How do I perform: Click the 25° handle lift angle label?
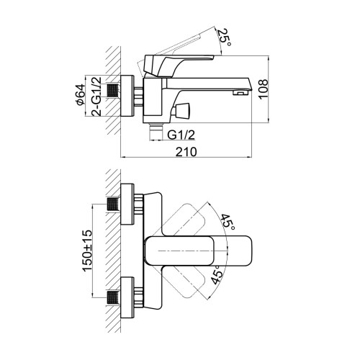click(x=225, y=37)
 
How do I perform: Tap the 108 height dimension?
click(x=264, y=89)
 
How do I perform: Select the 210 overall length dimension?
click(x=186, y=152)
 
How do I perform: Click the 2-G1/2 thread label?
click(x=96, y=96)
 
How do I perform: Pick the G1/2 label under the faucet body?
click(x=181, y=135)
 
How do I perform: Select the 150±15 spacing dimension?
click(x=87, y=251)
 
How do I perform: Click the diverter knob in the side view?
click(x=181, y=109)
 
